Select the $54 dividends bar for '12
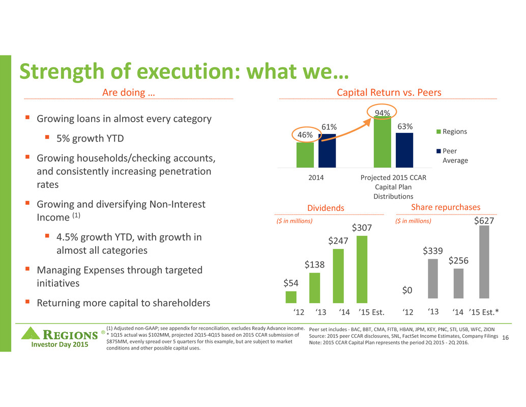(x=291, y=297)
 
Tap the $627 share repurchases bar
(x=484, y=262)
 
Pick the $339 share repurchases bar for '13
(x=433, y=279)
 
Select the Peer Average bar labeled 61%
(x=327, y=150)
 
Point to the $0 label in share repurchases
(x=407, y=290)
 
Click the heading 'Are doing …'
(x=122, y=92)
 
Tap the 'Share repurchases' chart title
(x=445, y=207)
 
